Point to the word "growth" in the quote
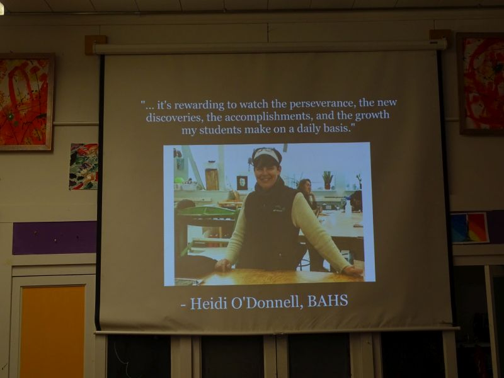pos(372,115)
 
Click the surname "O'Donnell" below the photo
pos(266,302)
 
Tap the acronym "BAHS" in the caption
pos(328,301)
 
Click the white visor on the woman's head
pos(266,154)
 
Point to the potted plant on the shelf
pos(328,180)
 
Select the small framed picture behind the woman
pos(242,183)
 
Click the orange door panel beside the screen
pos(52,332)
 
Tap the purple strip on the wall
pos(55,238)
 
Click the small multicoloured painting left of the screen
pos(84,166)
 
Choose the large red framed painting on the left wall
pos(26,102)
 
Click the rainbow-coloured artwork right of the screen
pos(469,228)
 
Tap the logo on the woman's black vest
pos(278,209)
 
